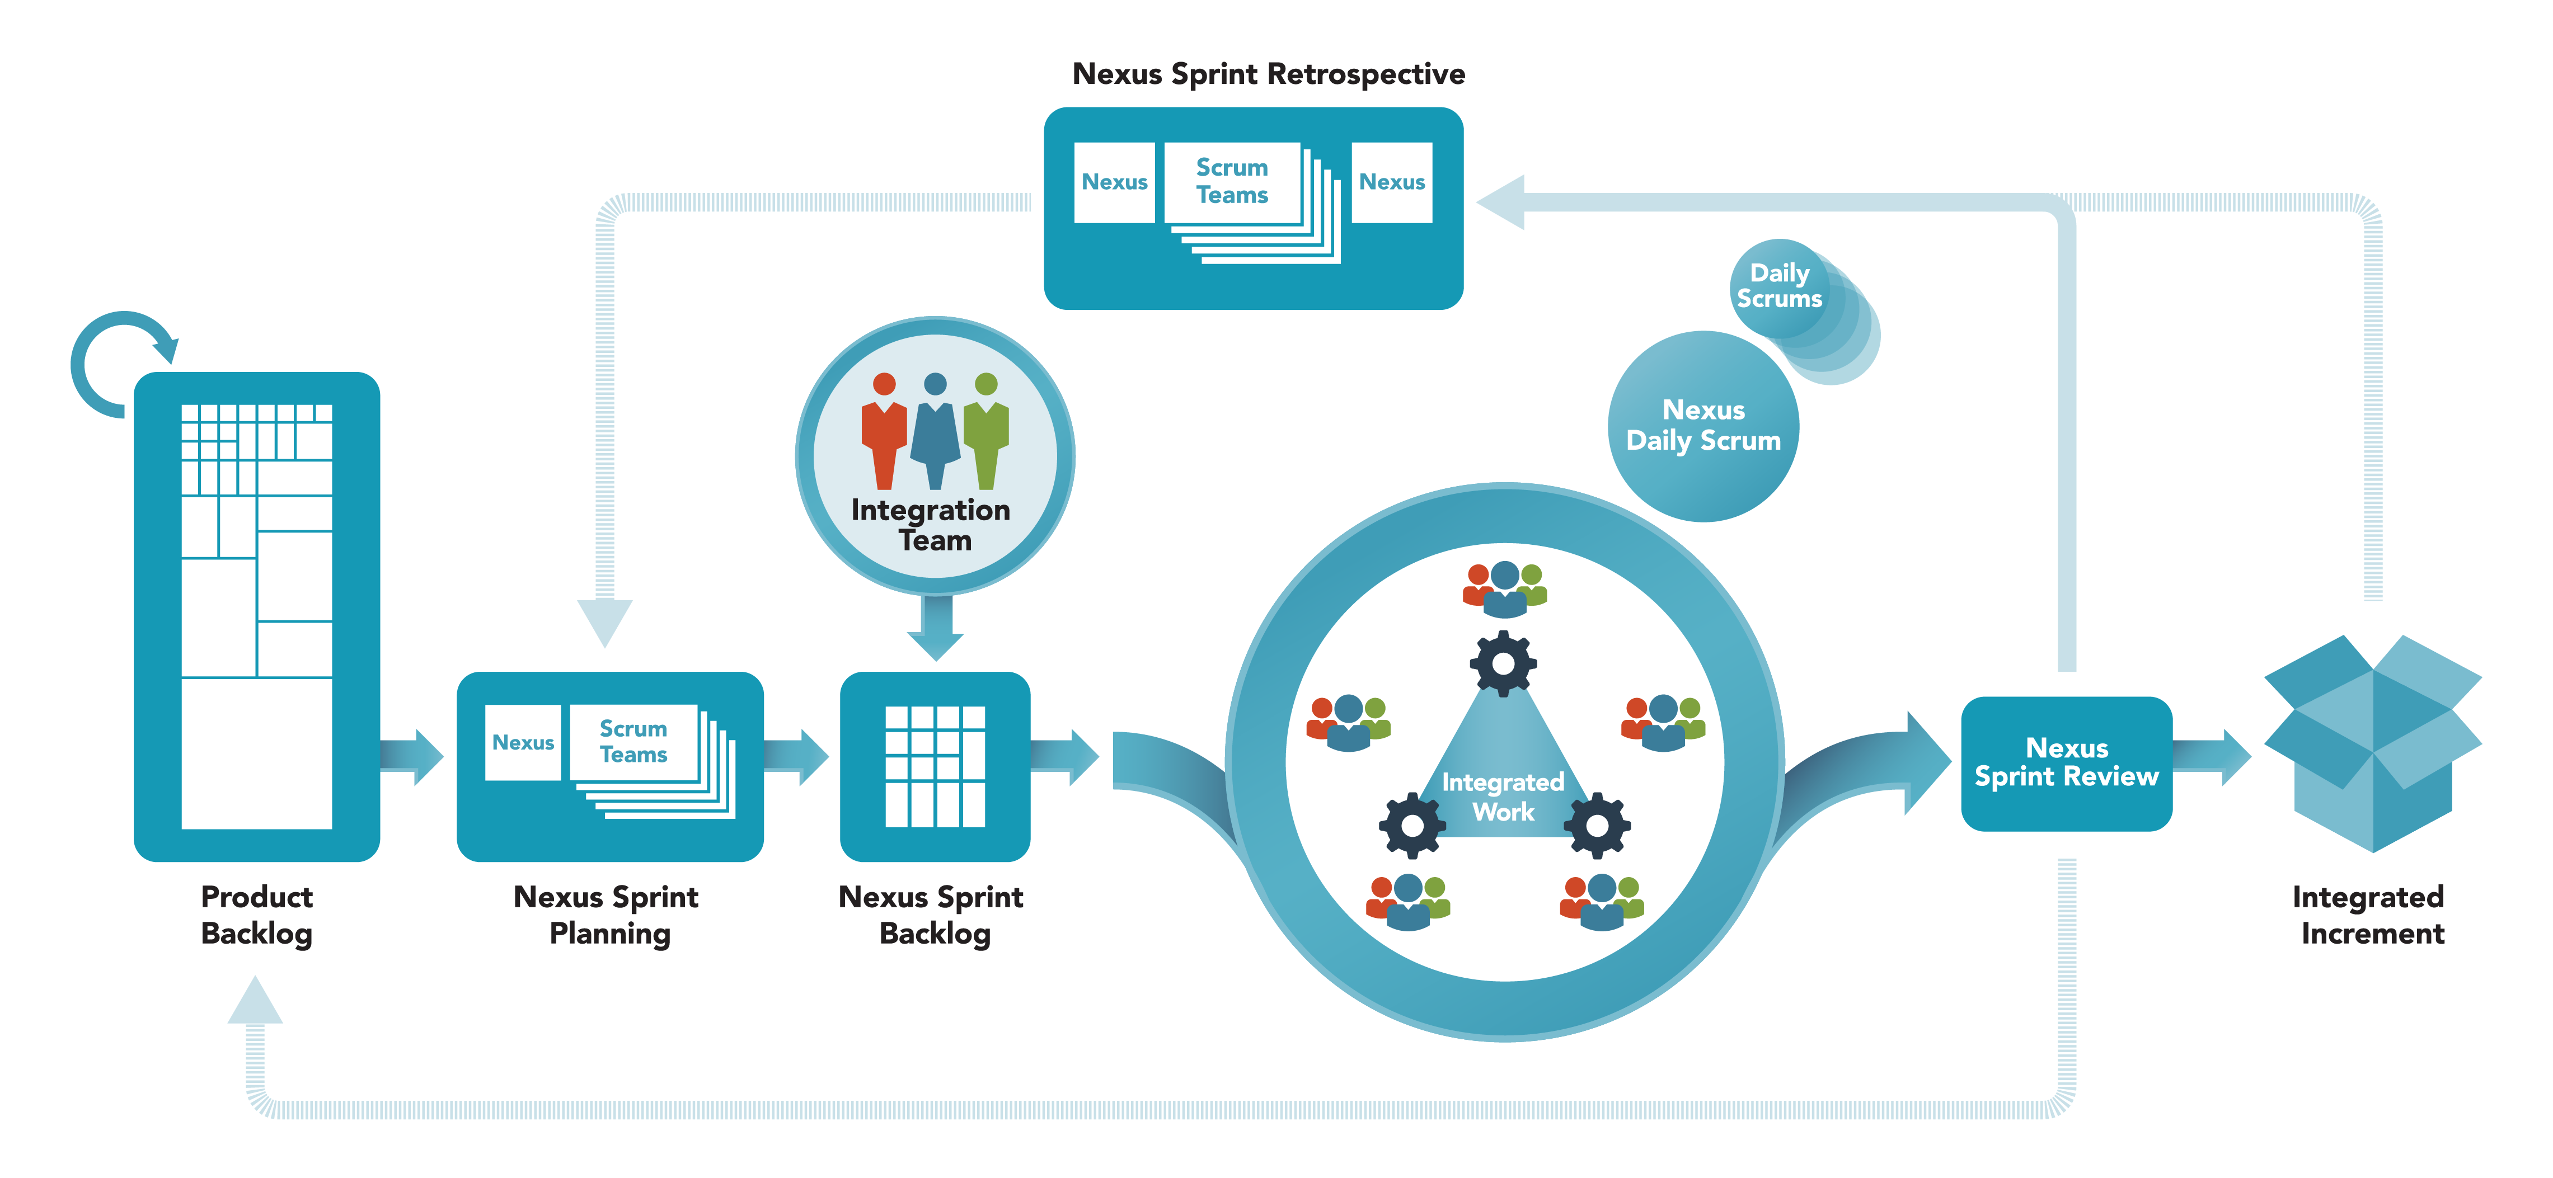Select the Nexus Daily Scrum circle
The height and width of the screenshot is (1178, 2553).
[1703, 426]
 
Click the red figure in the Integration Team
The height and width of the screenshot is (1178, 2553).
[883, 431]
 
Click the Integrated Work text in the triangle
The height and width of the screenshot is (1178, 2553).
[1503, 797]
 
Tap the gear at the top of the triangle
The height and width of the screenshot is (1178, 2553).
[1503, 663]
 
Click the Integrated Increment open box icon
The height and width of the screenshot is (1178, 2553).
[2373, 743]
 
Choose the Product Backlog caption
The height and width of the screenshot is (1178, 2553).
[257, 915]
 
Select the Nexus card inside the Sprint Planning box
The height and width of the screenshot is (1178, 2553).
[522, 742]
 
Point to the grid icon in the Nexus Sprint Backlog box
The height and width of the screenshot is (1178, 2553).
[935, 766]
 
